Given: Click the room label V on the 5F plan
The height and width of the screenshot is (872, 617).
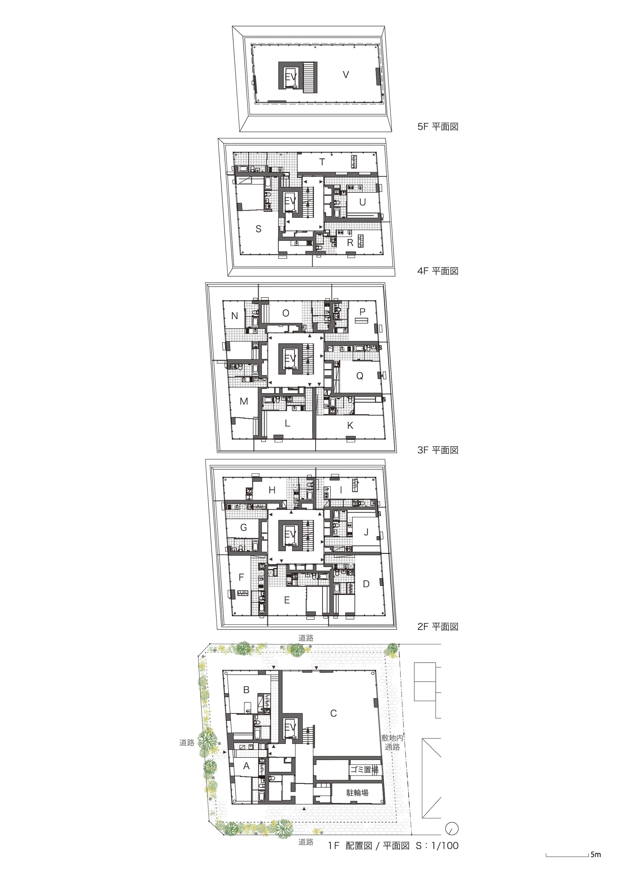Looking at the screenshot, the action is click(346, 75).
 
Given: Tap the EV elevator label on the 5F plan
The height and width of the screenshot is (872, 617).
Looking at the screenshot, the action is click(291, 77).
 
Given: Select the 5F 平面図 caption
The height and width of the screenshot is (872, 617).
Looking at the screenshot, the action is click(438, 127).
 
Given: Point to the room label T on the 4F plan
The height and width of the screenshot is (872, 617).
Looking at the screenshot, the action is click(322, 162).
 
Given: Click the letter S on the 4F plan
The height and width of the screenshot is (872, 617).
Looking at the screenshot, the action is click(258, 229).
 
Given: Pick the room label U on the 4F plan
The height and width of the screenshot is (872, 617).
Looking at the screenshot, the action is click(362, 202).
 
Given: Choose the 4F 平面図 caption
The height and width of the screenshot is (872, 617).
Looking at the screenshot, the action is click(438, 271).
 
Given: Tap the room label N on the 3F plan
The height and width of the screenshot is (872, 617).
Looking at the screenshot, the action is click(235, 316).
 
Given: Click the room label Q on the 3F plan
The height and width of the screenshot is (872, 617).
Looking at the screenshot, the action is click(359, 376).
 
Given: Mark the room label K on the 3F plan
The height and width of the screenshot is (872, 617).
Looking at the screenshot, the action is click(350, 425).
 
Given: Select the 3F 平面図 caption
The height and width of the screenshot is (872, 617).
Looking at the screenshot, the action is click(438, 450).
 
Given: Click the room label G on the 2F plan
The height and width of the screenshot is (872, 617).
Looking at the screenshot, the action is click(243, 527).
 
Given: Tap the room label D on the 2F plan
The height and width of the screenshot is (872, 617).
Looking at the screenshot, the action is click(366, 584).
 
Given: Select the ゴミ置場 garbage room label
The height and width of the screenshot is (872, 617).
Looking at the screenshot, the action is click(364, 770).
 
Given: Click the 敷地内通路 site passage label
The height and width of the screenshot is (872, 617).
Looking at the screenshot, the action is click(392, 742).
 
